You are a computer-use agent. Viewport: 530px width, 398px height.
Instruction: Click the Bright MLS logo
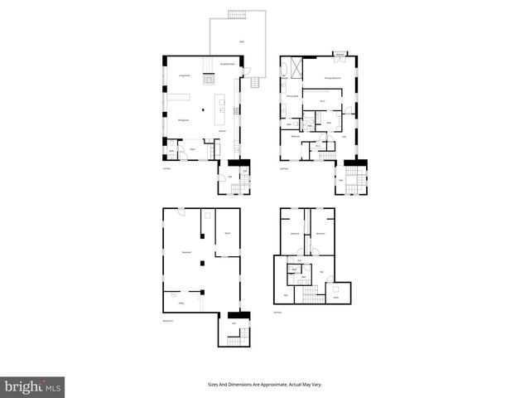(33, 386)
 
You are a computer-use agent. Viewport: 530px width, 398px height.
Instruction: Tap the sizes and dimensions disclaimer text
(265, 384)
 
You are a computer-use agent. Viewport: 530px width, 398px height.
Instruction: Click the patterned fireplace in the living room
(210, 80)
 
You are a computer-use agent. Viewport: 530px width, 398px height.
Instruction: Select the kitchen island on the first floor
(220, 106)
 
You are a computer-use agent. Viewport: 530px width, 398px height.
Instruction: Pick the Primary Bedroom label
(333, 76)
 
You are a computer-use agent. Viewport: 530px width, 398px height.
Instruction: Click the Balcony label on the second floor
(340, 56)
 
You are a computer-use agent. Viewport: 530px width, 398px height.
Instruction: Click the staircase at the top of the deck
(237, 14)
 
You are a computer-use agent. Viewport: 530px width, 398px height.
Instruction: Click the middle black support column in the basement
(200, 263)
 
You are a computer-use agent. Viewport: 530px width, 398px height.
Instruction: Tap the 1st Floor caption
(166, 168)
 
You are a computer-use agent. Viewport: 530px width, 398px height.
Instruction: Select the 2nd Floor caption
(284, 168)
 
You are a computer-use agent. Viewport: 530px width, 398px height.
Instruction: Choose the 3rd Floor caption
(277, 313)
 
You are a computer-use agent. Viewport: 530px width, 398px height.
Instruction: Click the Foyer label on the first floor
(191, 148)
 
